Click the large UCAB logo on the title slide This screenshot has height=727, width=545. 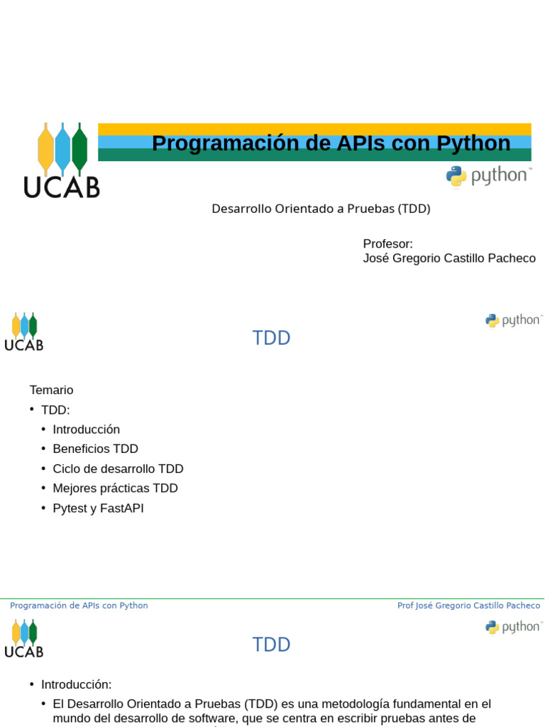pos(62,160)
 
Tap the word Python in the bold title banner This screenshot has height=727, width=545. pos(473,143)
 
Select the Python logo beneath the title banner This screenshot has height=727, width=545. pos(489,177)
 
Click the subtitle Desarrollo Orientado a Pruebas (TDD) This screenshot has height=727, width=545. pos(321,209)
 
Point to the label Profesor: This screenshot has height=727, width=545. pos(387,244)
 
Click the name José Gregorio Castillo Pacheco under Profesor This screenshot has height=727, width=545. pos(449,258)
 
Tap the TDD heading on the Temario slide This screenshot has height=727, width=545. pos(271,338)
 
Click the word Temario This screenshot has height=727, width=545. pos(51,390)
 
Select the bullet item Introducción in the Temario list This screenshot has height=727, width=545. pos(86,430)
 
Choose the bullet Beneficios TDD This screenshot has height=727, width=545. pos(96,449)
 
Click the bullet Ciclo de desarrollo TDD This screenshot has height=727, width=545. pos(119,469)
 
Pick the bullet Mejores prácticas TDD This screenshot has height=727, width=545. pos(116,488)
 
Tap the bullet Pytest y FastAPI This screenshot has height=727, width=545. pos(98,508)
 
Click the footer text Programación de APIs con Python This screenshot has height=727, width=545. pos(79,606)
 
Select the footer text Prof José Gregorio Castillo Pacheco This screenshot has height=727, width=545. pos(468,606)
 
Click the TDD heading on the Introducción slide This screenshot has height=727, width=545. pos(271,645)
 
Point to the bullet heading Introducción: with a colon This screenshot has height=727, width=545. pos(77,684)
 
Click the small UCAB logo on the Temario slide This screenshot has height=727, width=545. pos(23,332)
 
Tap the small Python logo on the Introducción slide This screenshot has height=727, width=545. pos(513,628)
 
